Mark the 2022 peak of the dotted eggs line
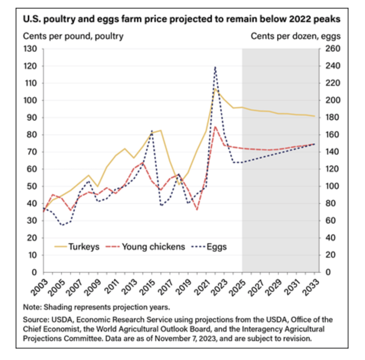pyautogui.click(x=215, y=67)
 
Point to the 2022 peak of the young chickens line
pyautogui.click(x=215, y=126)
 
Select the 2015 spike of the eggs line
pyautogui.click(x=152, y=131)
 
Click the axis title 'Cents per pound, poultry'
pyautogui.click(x=73, y=36)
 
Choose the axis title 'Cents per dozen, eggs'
pyautogui.click(x=296, y=36)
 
